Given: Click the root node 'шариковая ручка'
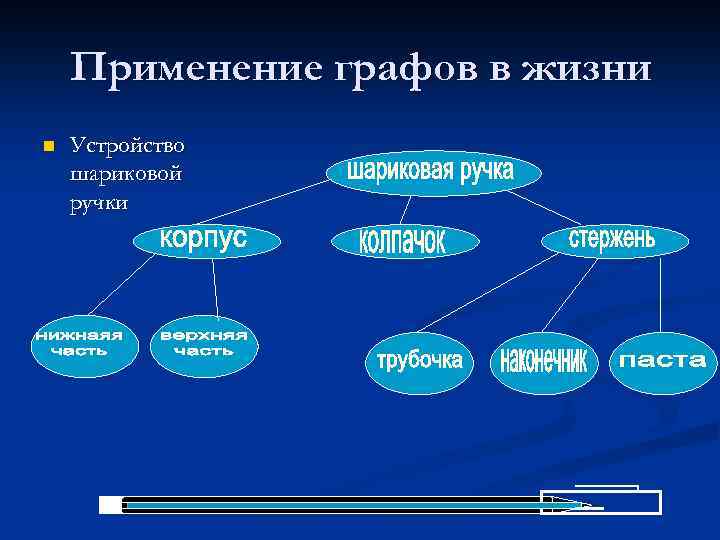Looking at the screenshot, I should click(432, 173).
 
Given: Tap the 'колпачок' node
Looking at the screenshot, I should click(404, 242).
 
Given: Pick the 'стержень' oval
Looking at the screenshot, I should click(612, 240).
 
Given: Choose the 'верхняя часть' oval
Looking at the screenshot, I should click(204, 345).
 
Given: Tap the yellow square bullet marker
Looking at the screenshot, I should click(44, 147).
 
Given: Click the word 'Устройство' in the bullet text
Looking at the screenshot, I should click(127, 146).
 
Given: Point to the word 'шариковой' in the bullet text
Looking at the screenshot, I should click(126, 174).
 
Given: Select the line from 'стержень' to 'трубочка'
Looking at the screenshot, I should click(486, 293).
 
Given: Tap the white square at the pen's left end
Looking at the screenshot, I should click(110, 505).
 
